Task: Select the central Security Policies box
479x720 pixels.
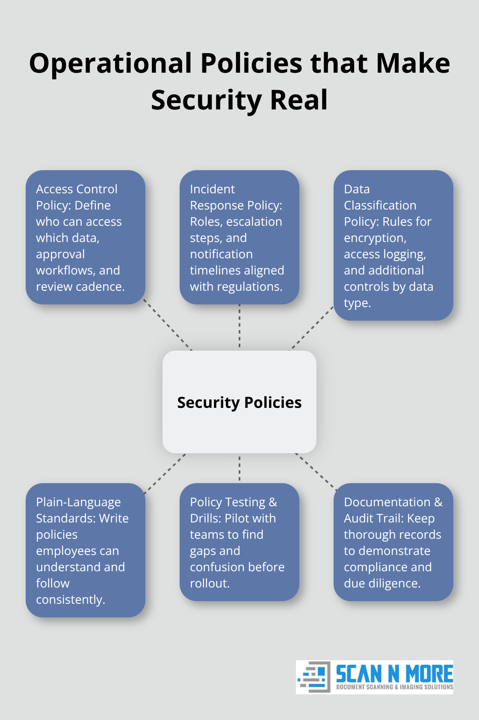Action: [x=239, y=402]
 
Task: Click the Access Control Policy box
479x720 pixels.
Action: [x=86, y=237]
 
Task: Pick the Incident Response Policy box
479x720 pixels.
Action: [x=239, y=237]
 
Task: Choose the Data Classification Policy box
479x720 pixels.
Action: [x=393, y=245]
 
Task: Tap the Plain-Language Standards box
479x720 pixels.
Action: [x=86, y=550]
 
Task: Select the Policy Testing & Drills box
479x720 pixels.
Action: [x=239, y=542]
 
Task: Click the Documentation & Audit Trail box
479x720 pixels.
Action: [x=393, y=542]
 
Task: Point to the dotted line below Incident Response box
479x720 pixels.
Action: [x=239, y=326]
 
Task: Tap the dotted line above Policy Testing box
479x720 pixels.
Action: [x=239, y=468]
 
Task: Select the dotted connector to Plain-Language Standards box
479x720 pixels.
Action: [x=165, y=474]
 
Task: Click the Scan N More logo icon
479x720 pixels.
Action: [x=314, y=677]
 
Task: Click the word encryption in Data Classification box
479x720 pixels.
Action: [x=375, y=238]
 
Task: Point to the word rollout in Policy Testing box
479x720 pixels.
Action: [x=210, y=584]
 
